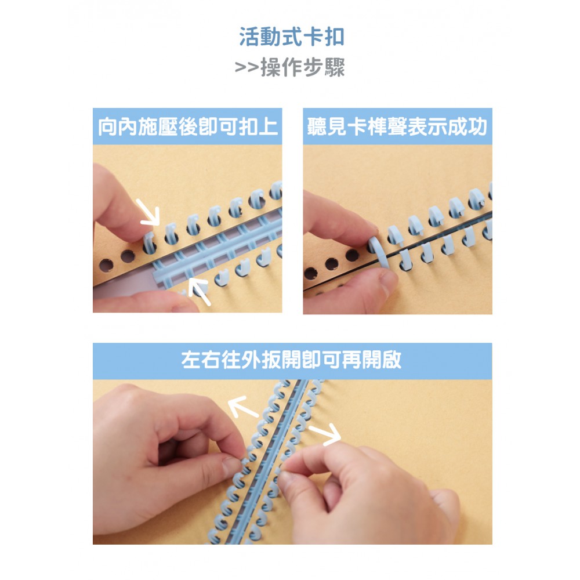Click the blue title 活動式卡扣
coord(292,37)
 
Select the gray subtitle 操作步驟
coord(303,67)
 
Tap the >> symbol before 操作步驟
coord(246,68)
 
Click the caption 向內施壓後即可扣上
coord(187,126)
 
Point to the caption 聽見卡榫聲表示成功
coord(397,126)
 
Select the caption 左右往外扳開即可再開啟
coord(292,360)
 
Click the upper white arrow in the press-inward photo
coord(148,213)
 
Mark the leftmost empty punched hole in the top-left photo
coord(106,265)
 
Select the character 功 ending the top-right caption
coord(477,126)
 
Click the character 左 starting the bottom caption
coord(191,360)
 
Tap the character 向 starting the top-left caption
coord(108,126)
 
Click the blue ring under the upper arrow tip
coord(150,242)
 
